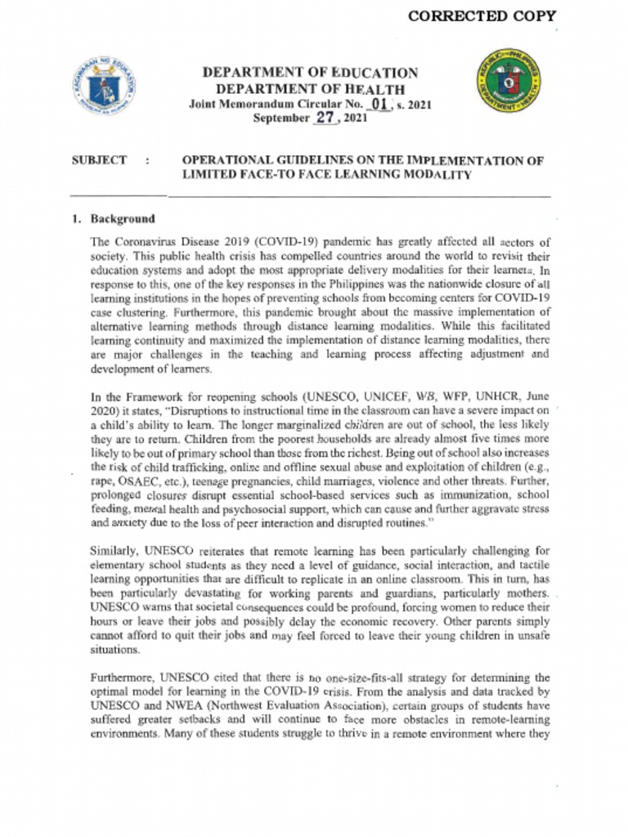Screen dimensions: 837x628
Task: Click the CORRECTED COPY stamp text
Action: [x=482, y=16]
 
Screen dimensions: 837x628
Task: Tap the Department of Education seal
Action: [x=104, y=86]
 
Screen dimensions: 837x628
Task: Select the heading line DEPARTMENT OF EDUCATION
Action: [x=310, y=73]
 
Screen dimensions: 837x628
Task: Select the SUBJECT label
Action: [x=99, y=160]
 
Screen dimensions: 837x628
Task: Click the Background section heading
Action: [x=122, y=219]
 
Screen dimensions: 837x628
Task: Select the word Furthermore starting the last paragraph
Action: [x=123, y=678]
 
